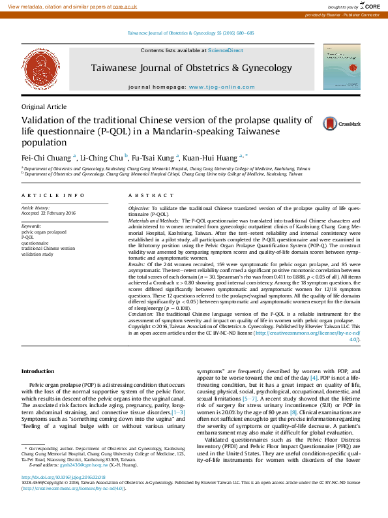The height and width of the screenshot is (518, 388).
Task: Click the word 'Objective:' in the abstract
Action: coord(141,207)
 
